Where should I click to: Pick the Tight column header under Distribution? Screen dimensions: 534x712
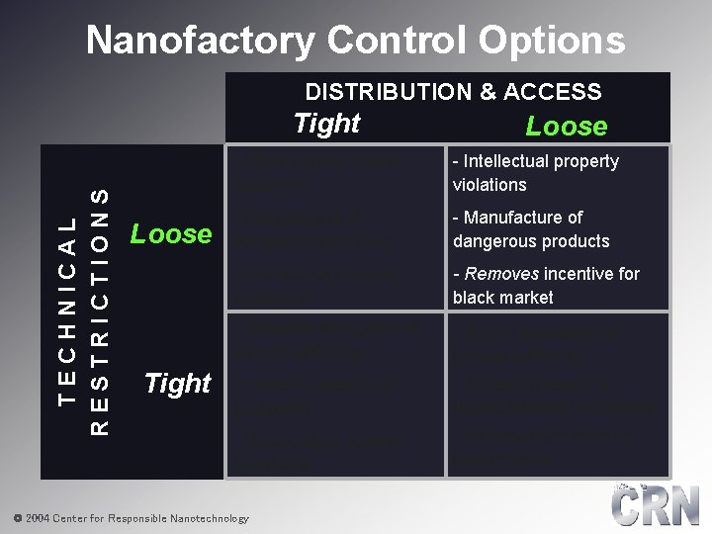(327, 124)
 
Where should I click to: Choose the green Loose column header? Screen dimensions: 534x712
(567, 127)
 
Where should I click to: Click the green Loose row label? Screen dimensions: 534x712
(171, 234)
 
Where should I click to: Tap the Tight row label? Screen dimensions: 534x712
(178, 383)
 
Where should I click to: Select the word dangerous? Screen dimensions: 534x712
(490, 241)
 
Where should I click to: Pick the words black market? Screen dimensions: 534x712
(502, 298)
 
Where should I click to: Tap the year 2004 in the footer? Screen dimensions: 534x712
(37, 518)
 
